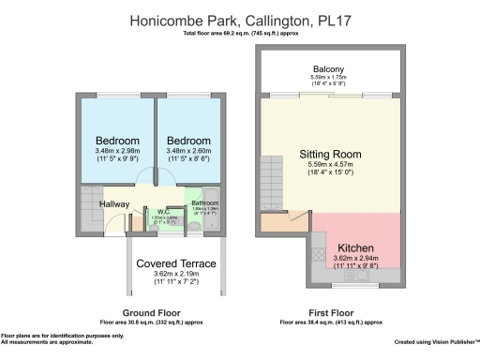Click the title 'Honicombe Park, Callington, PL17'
239,18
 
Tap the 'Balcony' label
328,68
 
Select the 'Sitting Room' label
329,155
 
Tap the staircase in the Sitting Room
271,177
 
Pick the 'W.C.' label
162,211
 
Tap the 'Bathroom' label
204,202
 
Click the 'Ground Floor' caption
151,312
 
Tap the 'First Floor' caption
330,312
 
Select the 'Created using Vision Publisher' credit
435,342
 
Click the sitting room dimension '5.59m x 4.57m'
329,166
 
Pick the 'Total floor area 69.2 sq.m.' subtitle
239,33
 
